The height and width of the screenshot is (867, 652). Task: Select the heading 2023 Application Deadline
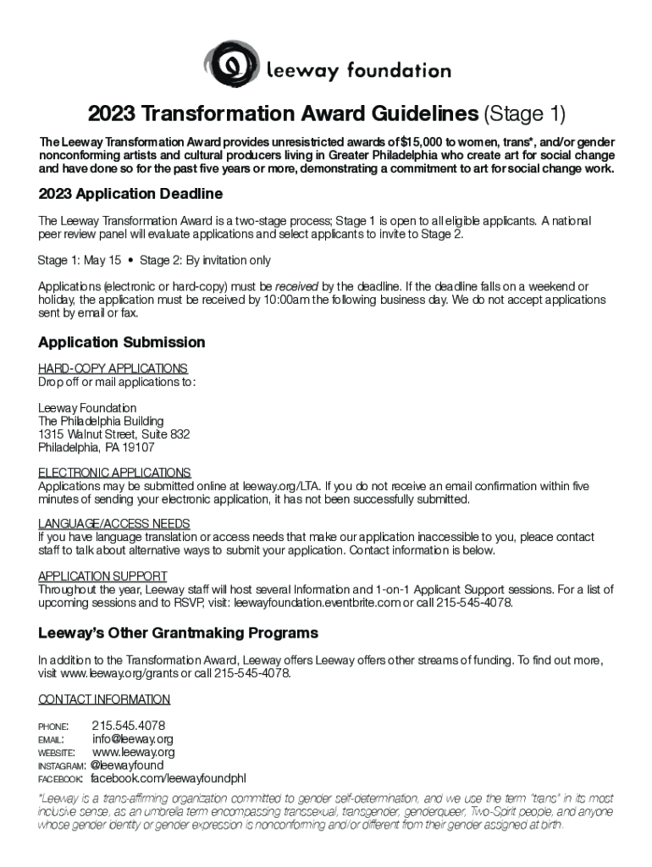130,194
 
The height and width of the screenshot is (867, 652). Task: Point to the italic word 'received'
296,286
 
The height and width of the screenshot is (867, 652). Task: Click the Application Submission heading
122,342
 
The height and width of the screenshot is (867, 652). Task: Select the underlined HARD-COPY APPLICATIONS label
113,369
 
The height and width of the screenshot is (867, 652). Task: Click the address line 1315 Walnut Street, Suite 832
113,434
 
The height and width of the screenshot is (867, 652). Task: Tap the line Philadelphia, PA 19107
97,447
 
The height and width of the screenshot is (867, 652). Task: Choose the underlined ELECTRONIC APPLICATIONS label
114,472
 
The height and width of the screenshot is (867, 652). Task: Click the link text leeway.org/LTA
280,487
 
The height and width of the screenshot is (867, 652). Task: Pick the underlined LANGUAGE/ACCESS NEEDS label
114,524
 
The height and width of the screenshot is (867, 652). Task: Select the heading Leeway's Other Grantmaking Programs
178,633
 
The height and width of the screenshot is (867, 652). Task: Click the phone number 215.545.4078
128,726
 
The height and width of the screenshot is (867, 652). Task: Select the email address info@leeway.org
133,739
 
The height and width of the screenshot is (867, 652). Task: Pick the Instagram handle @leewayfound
126,765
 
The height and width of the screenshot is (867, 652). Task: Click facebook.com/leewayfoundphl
168,778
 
